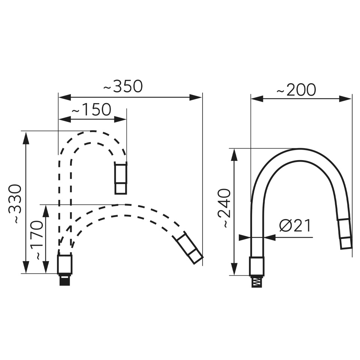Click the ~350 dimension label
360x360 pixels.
coord(123,86)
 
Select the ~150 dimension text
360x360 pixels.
coord(91,109)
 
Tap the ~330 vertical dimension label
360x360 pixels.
coord(15,204)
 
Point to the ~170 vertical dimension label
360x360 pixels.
coord(37,240)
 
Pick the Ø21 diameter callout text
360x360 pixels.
coord(295,226)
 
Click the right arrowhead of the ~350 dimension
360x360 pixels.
coord(196,97)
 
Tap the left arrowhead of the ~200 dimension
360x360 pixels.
coord(257,99)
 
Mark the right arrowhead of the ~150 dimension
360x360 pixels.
coord(120,119)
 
